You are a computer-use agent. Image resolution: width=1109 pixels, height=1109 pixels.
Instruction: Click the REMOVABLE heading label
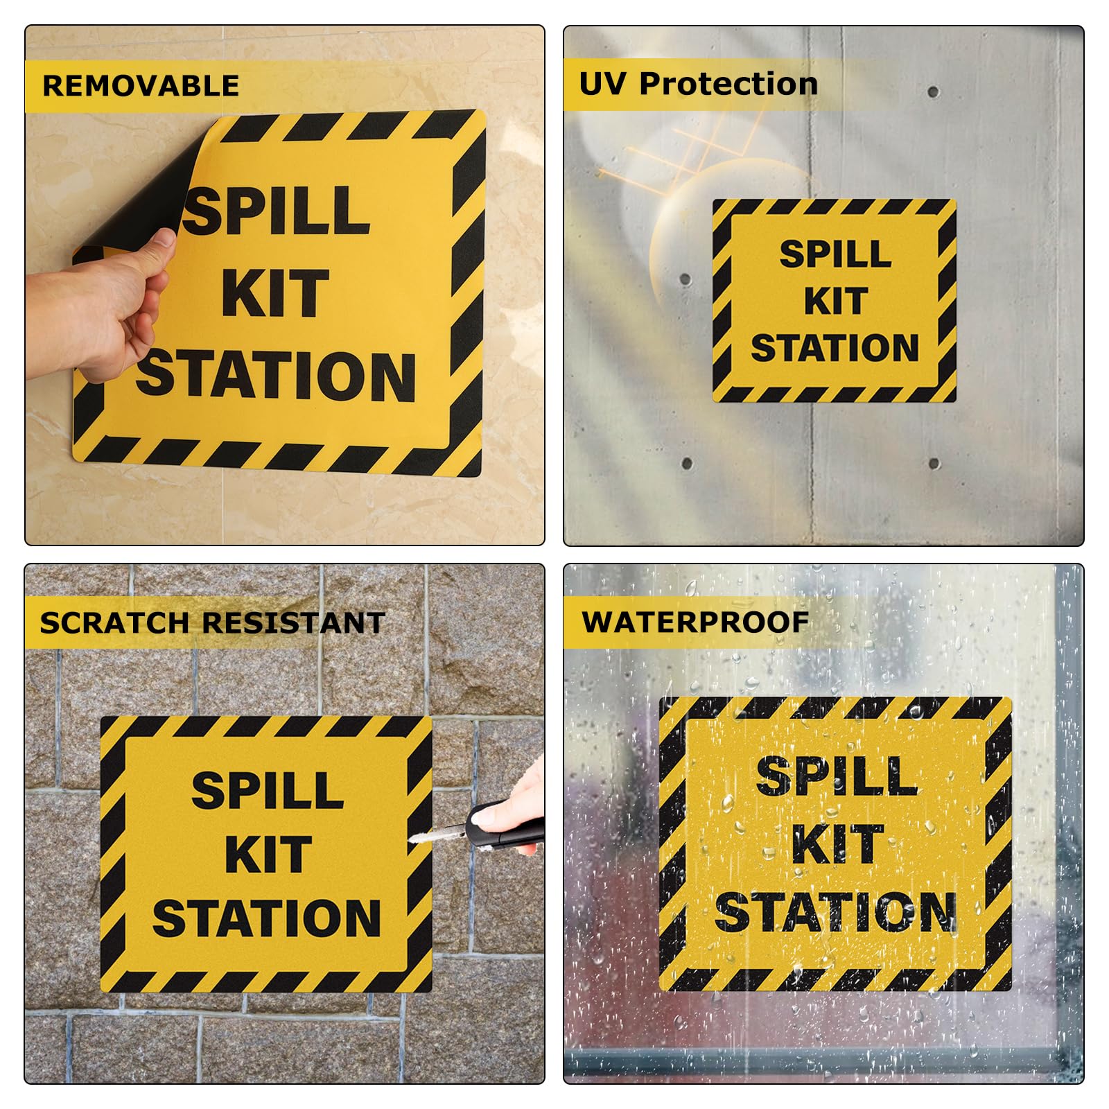(141, 86)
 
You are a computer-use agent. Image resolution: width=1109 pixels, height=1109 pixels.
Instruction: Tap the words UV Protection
(698, 84)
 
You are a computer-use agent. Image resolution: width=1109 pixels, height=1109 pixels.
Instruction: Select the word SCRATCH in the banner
(114, 622)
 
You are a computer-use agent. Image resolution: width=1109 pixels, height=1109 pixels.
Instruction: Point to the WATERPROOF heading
(695, 622)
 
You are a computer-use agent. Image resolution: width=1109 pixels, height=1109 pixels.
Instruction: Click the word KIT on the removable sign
(274, 295)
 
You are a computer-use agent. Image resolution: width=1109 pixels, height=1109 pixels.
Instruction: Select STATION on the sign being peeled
(276, 376)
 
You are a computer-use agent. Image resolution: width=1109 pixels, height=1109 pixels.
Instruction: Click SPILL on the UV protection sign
(835, 254)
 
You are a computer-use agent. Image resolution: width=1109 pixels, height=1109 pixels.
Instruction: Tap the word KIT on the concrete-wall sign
(836, 302)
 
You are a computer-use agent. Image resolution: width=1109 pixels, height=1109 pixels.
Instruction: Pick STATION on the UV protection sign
(835, 348)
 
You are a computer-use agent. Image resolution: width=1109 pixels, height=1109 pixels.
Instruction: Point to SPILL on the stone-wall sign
(268, 791)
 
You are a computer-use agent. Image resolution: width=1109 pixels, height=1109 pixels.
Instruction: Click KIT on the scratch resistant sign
(268, 855)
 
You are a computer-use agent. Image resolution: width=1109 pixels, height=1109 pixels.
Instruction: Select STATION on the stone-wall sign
(267, 918)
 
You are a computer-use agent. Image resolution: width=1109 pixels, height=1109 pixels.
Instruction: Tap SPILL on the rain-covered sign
(837, 777)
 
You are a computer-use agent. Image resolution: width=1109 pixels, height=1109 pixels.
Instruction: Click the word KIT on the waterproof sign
(837, 844)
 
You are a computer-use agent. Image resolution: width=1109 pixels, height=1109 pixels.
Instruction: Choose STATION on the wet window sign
(835, 912)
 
